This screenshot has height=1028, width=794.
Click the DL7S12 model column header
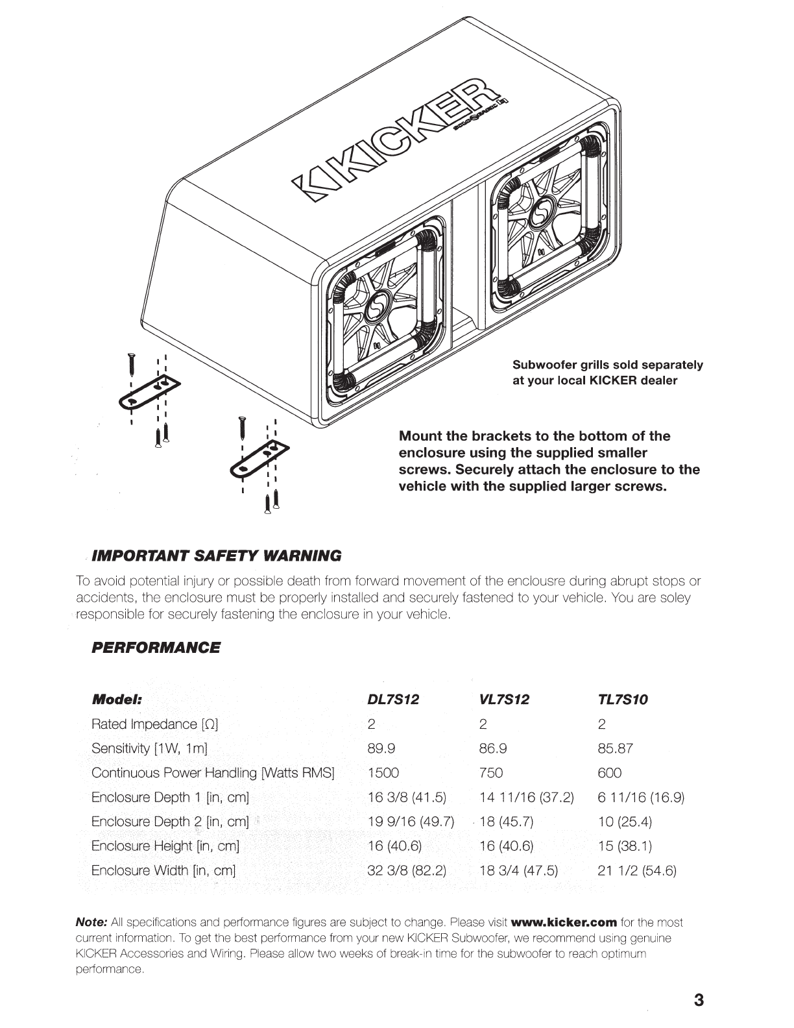coord(393,700)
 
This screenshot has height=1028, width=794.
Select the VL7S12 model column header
coord(504,700)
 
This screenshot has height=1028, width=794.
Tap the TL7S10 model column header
coord(623,700)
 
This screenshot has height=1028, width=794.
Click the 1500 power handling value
coord(383,773)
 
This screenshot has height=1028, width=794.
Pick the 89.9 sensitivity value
coord(381,748)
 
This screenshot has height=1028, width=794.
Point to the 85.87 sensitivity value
coord(615,748)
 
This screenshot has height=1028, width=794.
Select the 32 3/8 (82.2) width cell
coord(407,870)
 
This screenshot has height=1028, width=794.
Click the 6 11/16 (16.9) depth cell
coord(641,797)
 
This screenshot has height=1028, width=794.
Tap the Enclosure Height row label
coord(165,846)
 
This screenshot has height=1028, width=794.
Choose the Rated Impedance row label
coord(158,724)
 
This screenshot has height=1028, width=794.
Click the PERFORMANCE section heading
coord(156,648)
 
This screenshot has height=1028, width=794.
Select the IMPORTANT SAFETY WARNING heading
coord(217,556)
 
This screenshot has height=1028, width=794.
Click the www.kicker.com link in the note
coord(564,922)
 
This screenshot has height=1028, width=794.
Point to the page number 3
coord(698,1000)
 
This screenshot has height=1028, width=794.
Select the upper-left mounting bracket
coord(150,393)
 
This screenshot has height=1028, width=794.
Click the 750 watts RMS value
coord(491,773)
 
